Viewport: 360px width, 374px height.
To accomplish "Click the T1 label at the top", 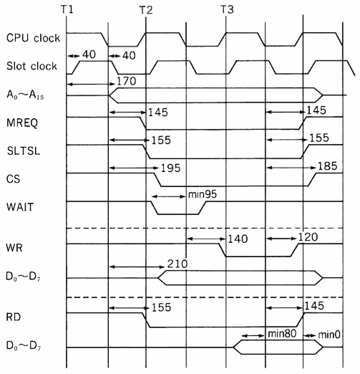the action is [x=67, y=9].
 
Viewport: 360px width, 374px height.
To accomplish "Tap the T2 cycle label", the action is [x=146, y=10].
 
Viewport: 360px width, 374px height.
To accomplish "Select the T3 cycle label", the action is [x=227, y=9].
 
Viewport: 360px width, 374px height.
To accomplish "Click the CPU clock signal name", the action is [x=33, y=38].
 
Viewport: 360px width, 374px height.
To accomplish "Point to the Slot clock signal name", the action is [x=31, y=66].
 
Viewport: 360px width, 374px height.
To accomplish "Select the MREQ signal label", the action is [x=22, y=123].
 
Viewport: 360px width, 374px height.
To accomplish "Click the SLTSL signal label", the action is [x=24, y=150].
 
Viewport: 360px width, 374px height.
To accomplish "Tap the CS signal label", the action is [x=13, y=179].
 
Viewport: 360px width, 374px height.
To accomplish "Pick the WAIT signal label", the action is [x=20, y=207].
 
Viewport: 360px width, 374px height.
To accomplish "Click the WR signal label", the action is [x=14, y=248].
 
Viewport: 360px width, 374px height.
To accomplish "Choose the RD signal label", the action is [x=14, y=317].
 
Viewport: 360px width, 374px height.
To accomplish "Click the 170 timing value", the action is [x=127, y=81].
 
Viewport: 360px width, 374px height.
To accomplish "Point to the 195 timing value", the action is [x=170, y=168].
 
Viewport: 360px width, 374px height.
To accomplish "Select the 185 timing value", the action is [x=328, y=166].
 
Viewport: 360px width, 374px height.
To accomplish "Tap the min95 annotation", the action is [x=203, y=194].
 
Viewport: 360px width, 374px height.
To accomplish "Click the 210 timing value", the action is [x=177, y=264].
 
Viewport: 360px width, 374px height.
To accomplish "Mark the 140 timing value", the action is [x=238, y=239].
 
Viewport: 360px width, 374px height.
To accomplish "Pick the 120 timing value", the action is [x=308, y=237].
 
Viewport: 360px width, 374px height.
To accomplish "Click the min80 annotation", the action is [x=282, y=333].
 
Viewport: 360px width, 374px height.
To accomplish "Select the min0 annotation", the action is [x=329, y=335].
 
